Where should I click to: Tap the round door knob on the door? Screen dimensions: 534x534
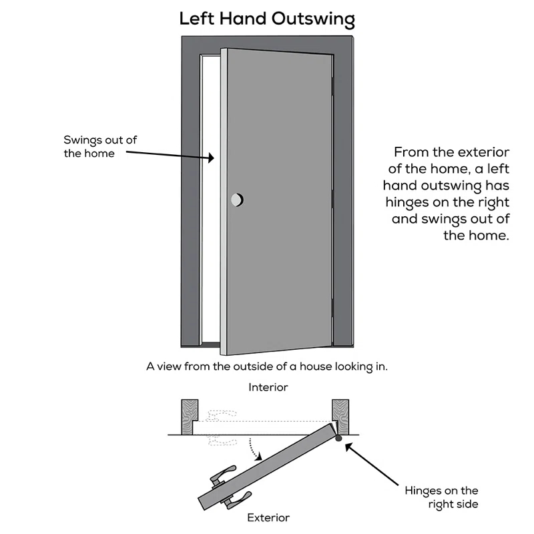(237, 199)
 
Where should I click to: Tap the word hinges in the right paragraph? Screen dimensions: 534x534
(407, 202)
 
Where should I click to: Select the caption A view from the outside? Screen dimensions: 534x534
(267, 366)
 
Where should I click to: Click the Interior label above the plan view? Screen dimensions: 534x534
(268, 387)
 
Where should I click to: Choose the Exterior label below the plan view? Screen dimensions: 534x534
(268, 517)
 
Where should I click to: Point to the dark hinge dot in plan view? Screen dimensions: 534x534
(338, 439)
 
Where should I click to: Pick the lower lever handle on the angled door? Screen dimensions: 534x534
(237, 498)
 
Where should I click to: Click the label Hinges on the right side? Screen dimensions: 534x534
(441, 497)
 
